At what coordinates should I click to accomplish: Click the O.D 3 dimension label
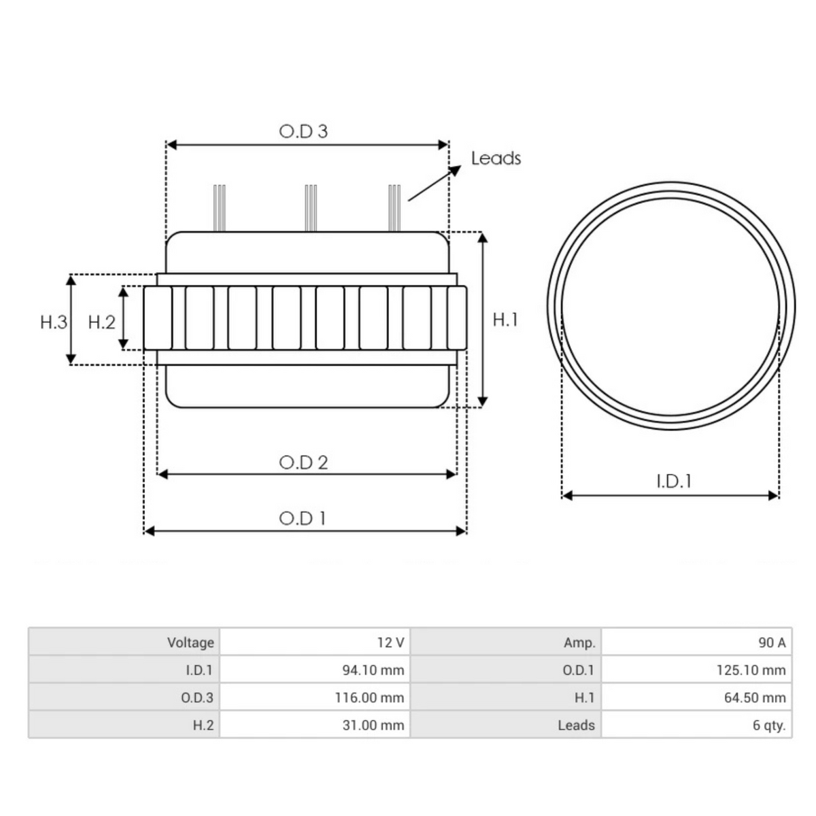click(303, 131)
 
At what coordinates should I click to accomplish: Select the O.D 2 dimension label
click(303, 462)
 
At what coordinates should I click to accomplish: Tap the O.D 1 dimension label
click(303, 518)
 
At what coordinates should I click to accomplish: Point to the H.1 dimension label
click(505, 320)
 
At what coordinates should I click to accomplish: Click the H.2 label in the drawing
click(102, 322)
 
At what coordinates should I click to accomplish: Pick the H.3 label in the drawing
click(54, 322)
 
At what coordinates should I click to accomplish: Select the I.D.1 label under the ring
click(673, 481)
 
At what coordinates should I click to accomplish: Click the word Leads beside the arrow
click(496, 158)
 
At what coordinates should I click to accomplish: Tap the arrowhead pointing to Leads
click(454, 169)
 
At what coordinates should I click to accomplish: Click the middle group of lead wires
click(311, 207)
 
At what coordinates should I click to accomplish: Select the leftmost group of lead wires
click(219, 207)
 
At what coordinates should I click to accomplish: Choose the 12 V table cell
click(390, 643)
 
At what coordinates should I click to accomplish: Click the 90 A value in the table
click(771, 643)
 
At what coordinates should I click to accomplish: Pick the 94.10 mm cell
click(373, 670)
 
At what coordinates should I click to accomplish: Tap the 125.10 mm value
click(751, 670)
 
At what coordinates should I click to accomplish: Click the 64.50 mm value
click(755, 698)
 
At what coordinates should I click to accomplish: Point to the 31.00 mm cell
click(373, 726)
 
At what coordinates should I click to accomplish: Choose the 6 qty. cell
click(768, 726)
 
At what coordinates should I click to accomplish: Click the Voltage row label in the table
click(190, 643)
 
